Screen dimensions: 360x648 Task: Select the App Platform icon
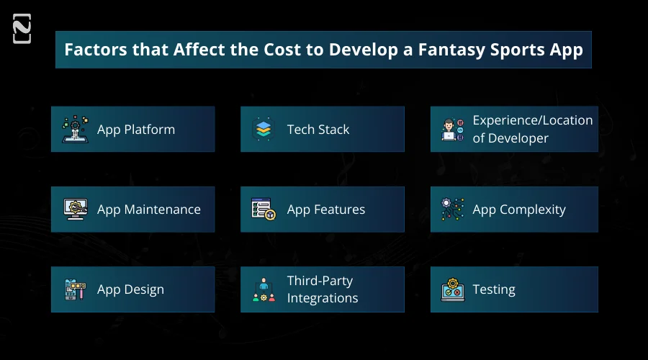click(x=76, y=130)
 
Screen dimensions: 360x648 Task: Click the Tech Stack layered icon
click(x=264, y=130)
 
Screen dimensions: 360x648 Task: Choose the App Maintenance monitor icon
click(x=76, y=210)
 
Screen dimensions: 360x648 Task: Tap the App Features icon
click(x=264, y=210)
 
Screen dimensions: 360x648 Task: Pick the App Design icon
click(x=76, y=289)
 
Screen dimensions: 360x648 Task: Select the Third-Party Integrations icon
click(x=264, y=289)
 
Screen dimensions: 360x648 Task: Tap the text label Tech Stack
click(x=318, y=130)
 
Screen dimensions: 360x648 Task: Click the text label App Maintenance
click(x=148, y=210)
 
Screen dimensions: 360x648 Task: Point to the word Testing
click(x=493, y=289)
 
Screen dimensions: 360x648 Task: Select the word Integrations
click(x=322, y=298)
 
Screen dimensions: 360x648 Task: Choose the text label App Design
click(x=130, y=289)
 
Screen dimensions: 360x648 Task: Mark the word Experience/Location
click(x=532, y=120)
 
